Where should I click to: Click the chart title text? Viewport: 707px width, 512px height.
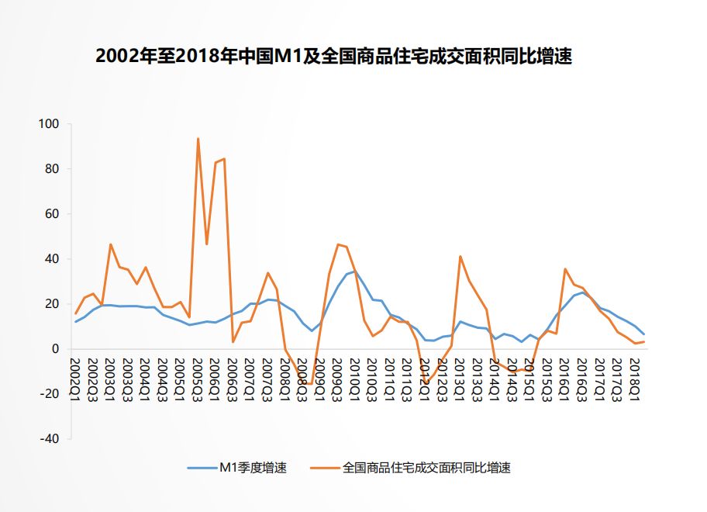click(333, 57)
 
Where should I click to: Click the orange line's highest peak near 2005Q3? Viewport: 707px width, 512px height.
click(198, 139)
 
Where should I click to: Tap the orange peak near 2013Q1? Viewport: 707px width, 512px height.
click(460, 256)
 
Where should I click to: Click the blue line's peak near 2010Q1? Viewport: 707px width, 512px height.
click(355, 272)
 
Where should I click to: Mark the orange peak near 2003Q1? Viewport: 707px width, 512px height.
click(111, 244)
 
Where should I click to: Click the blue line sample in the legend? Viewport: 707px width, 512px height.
click(202, 468)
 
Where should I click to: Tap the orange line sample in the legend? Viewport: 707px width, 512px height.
click(326, 468)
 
